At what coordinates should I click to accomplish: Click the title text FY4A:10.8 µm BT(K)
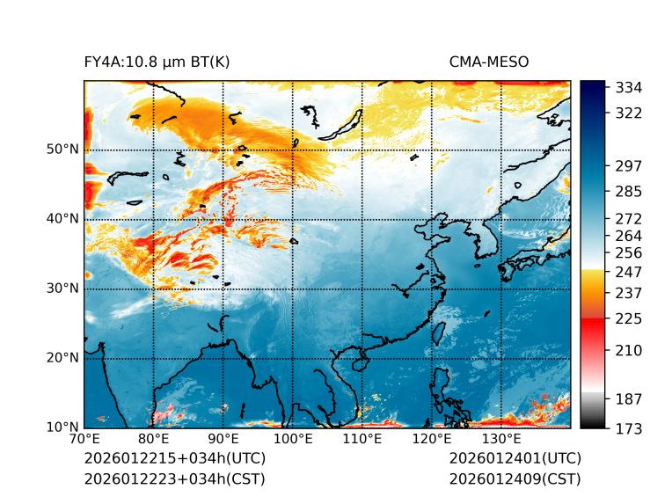click(x=157, y=62)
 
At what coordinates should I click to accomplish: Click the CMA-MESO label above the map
click(x=488, y=62)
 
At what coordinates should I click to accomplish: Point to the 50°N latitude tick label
click(x=62, y=150)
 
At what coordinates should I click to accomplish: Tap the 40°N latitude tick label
click(x=62, y=219)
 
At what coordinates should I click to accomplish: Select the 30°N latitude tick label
click(x=62, y=289)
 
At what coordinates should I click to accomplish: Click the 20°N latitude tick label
click(x=62, y=358)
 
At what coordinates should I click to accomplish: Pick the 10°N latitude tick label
click(x=62, y=427)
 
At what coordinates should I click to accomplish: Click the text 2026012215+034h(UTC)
click(x=174, y=458)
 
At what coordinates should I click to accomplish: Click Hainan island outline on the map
click(x=358, y=363)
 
